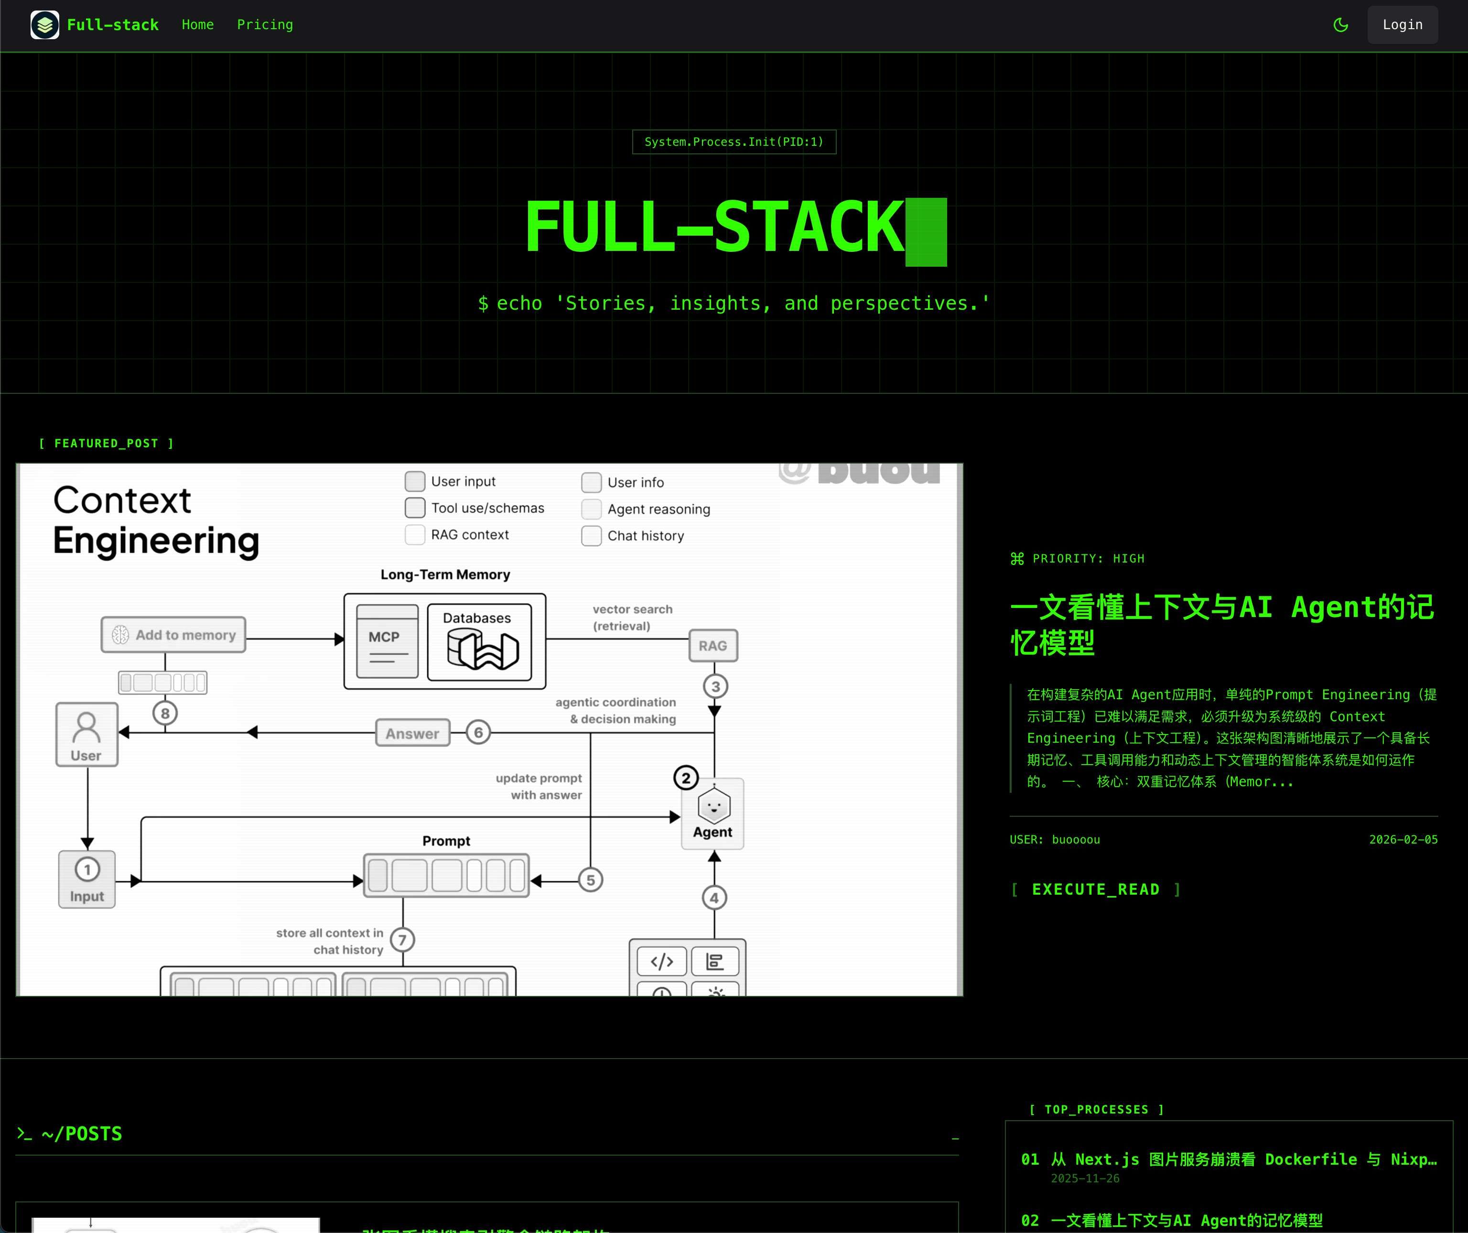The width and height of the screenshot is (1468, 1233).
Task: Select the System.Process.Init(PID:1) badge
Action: click(x=734, y=142)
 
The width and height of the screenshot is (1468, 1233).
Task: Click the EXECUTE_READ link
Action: click(x=1095, y=889)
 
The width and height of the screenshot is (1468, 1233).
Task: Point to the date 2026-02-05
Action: click(x=1403, y=840)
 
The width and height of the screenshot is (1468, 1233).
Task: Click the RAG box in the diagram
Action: click(x=713, y=646)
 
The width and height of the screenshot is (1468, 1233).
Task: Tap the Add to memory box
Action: click(x=173, y=635)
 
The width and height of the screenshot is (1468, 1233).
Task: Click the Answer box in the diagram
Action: click(x=412, y=733)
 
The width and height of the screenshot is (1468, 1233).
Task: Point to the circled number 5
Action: click(x=591, y=880)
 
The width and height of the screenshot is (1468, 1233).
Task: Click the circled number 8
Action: click(x=165, y=713)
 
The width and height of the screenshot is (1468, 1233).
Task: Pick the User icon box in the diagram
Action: click(x=86, y=734)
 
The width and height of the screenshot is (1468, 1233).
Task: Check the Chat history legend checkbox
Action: click(x=592, y=536)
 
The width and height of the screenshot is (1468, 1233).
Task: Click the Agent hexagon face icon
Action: click(x=714, y=806)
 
